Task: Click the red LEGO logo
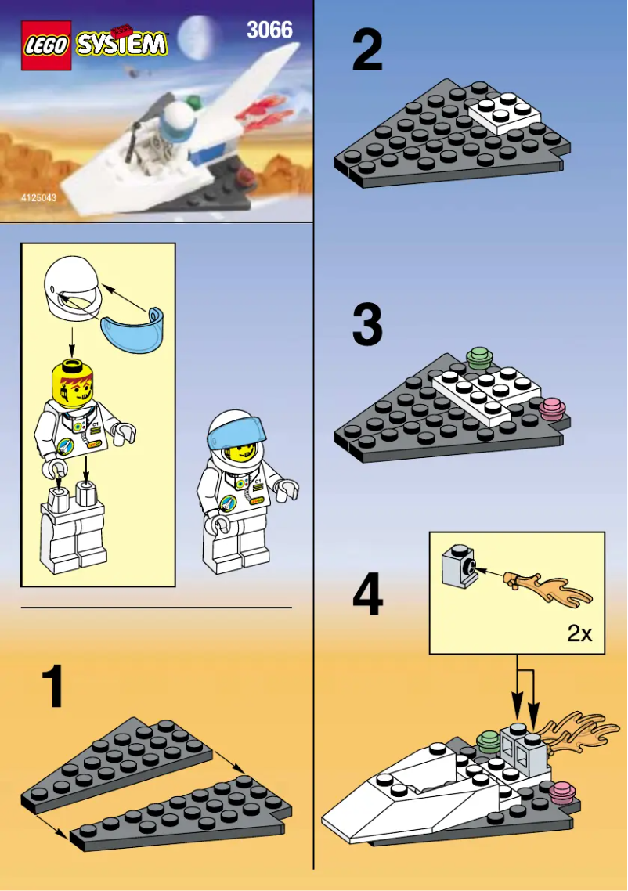pyautogui.click(x=46, y=45)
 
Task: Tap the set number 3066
pyautogui.click(x=269, y=31)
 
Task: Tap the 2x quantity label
pyautogui.click(x=579, y=633)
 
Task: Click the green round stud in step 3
pyautogui.click(x=478, y=359)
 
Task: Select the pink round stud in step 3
pyautogui.click(x=552, y=408)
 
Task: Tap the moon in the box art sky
pyautogui.click(x=193, y=37)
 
